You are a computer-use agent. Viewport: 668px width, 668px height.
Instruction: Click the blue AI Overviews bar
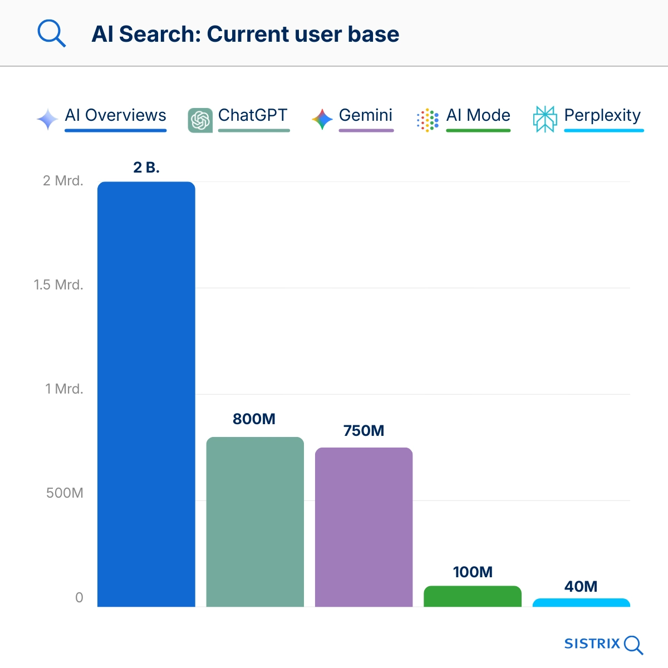[146, 394]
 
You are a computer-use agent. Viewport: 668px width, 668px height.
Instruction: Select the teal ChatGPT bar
[255, 522]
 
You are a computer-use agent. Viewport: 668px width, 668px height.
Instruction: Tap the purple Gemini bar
[364, 527]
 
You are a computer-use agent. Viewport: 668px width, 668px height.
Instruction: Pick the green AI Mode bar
[473, 597]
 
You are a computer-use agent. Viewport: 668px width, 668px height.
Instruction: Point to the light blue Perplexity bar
[581, 603]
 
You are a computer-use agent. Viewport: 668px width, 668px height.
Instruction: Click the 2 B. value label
[146, 168]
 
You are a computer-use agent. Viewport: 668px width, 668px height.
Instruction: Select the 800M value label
[254, 419]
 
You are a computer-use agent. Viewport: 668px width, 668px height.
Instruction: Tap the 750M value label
[364, 431]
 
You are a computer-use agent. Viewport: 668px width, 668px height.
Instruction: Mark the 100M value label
[473, 572]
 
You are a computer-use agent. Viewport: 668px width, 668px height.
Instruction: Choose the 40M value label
[581, 587]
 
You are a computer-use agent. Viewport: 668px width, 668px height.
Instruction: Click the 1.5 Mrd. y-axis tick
[58, 285]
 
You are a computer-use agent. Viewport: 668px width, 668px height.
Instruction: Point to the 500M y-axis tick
[65, 493]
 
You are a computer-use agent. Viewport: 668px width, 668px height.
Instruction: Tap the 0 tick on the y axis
[79, 598]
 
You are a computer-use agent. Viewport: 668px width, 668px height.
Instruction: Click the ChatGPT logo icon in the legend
[200, 120]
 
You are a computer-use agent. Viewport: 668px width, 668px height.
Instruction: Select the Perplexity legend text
[602, 115]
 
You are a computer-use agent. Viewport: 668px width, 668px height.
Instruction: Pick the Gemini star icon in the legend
[322, 119]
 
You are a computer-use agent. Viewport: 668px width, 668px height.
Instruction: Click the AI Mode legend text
[478, 115]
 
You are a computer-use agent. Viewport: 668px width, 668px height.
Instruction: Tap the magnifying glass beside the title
[51, 34]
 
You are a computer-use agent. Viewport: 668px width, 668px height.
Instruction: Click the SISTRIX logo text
[592, 644]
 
